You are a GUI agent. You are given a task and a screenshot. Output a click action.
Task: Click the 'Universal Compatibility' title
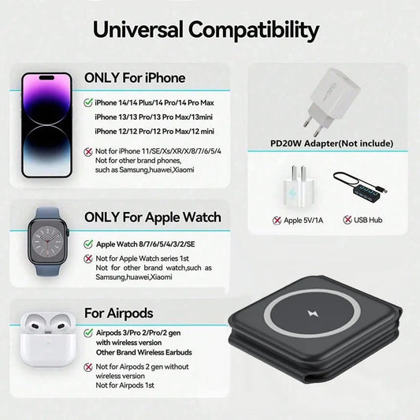coord(206,30)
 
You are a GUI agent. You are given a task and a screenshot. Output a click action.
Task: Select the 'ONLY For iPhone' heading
coord(135,78)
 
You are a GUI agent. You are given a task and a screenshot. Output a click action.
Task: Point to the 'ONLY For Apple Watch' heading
coord(153,217)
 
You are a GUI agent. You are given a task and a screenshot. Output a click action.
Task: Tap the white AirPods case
coord(46,338)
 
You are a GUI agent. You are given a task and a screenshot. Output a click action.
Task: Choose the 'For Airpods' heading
coord(119,314)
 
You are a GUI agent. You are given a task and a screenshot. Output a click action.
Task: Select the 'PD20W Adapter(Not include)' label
coord(331,144)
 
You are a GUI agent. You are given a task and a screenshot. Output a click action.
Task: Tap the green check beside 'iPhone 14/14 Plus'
coord(87,102)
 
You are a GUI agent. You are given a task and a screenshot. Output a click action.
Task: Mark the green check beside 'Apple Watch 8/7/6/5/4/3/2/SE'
coord(87,245)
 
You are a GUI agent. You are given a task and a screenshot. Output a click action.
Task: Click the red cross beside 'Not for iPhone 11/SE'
coord(87,151)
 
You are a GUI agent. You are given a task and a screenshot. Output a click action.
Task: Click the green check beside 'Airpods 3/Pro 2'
coord(87,333)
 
